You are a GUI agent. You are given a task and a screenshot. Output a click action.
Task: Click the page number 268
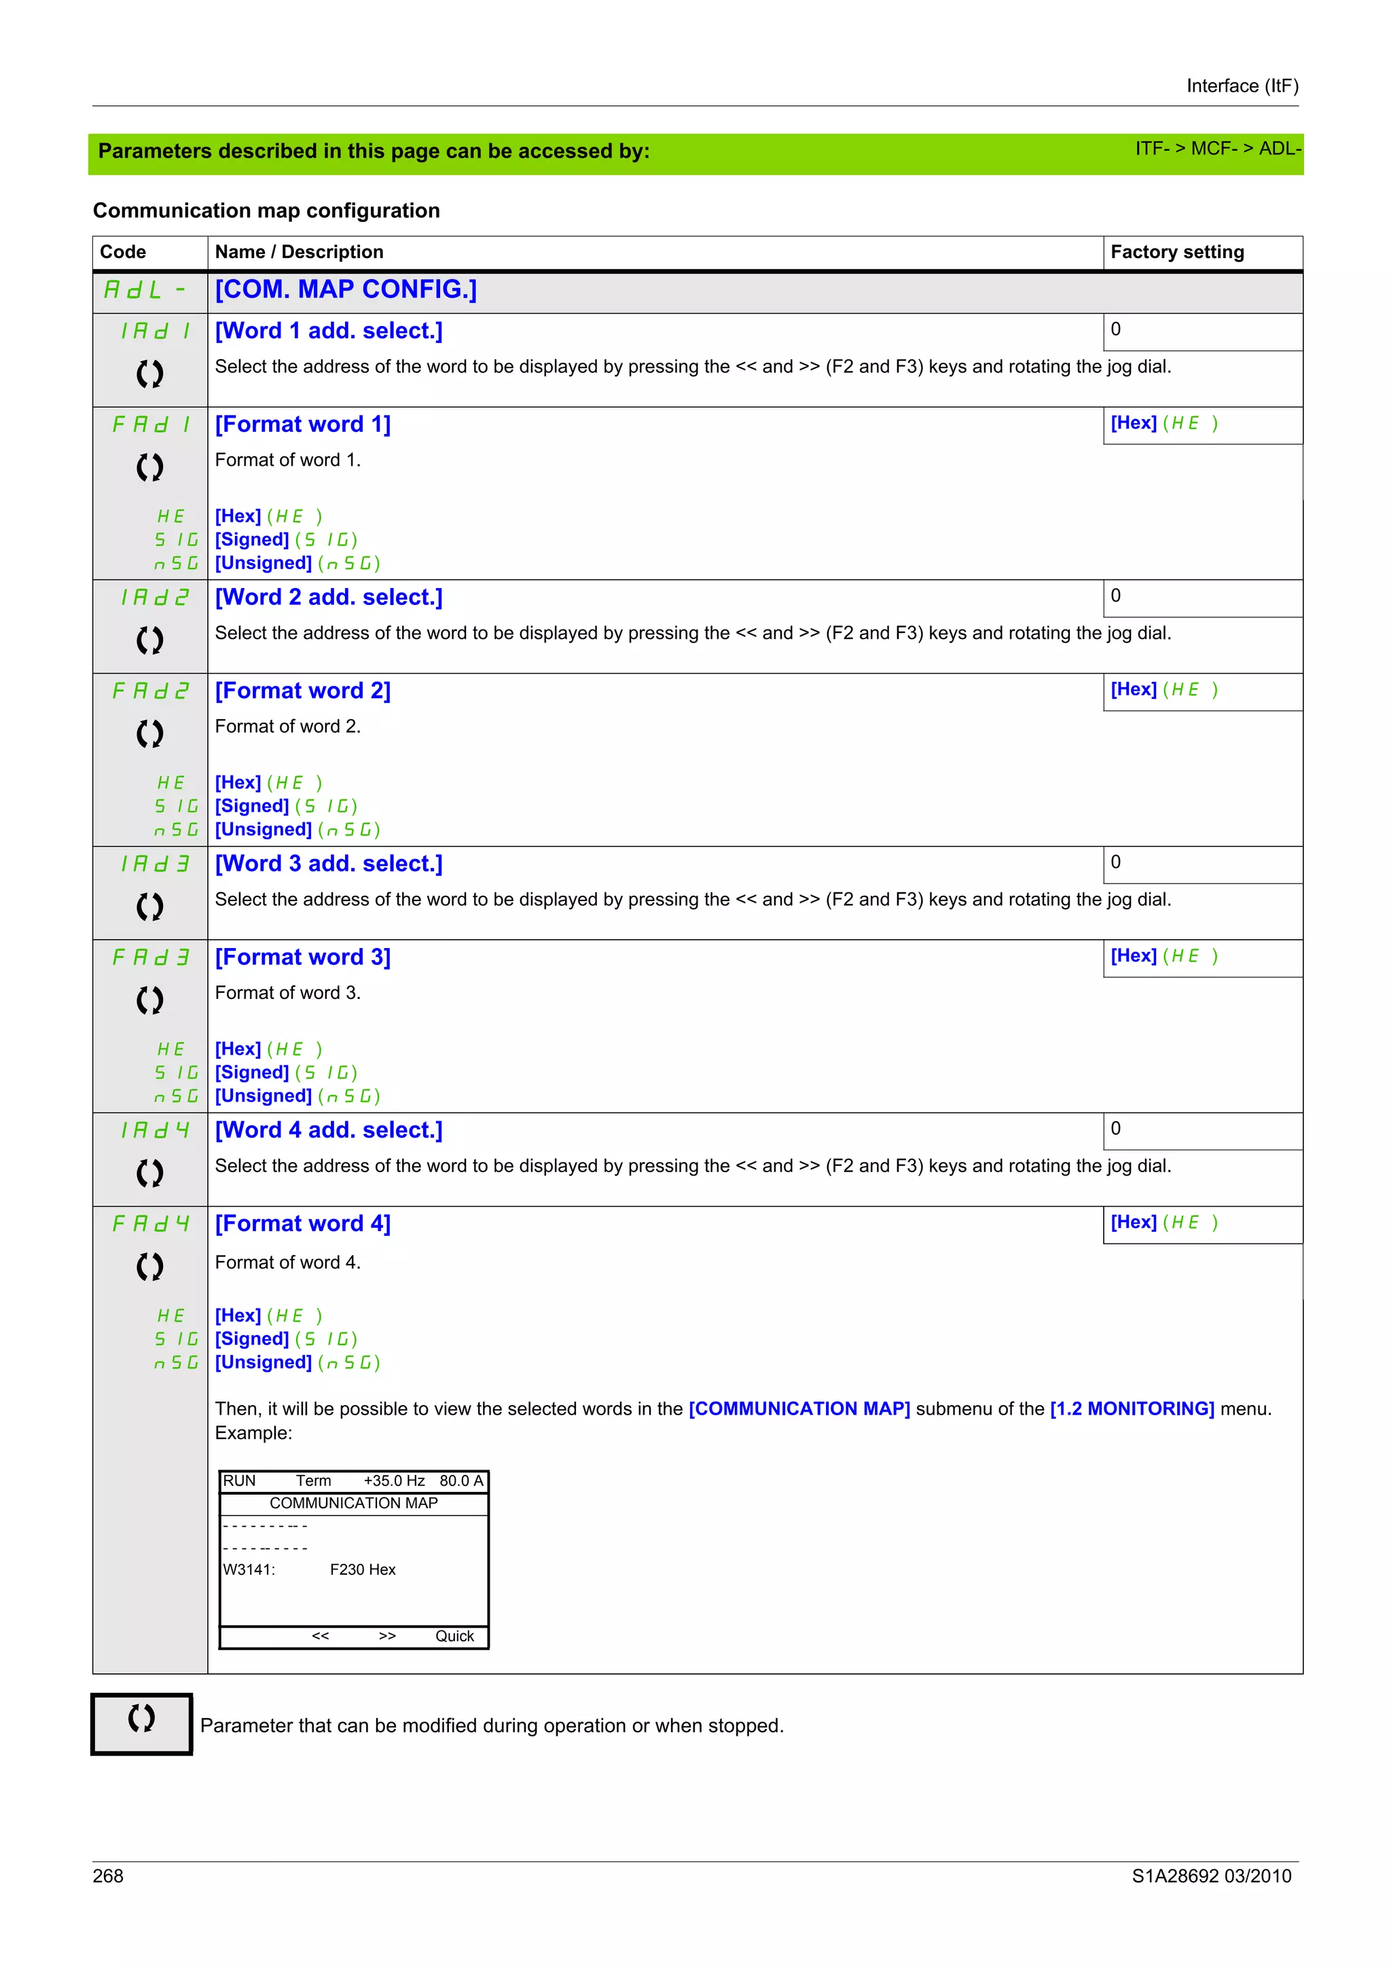(108, 1876)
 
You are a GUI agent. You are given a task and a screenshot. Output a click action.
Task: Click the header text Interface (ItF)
(1242, 86)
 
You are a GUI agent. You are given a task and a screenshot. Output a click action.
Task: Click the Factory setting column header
(1177, 252)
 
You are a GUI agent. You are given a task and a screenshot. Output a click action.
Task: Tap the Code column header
(122, 252)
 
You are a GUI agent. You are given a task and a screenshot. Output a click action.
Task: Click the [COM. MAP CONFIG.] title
(346, 290)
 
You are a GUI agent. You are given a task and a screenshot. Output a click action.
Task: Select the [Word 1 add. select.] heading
(328, 331)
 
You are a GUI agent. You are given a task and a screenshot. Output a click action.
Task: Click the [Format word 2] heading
(302, 691)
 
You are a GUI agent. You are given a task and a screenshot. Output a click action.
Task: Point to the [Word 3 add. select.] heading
(328, 864)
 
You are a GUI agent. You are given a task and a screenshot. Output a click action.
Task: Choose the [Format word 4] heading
(302, 1224)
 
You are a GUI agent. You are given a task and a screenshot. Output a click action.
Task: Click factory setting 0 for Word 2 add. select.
(1115, 596)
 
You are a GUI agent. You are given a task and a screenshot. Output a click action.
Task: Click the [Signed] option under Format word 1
(252, 540)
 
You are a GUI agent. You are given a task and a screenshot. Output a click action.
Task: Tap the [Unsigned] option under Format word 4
(263, 1363)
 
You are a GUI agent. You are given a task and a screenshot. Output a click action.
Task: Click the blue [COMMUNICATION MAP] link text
(799, 1409)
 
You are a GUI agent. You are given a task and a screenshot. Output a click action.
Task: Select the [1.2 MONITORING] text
(1132, 1409)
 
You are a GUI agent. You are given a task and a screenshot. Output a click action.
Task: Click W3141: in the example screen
(249, 1570)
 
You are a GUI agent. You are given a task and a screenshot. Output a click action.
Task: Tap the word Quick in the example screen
(454, 1637)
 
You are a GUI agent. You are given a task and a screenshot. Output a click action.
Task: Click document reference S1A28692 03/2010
(1211, 1876)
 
